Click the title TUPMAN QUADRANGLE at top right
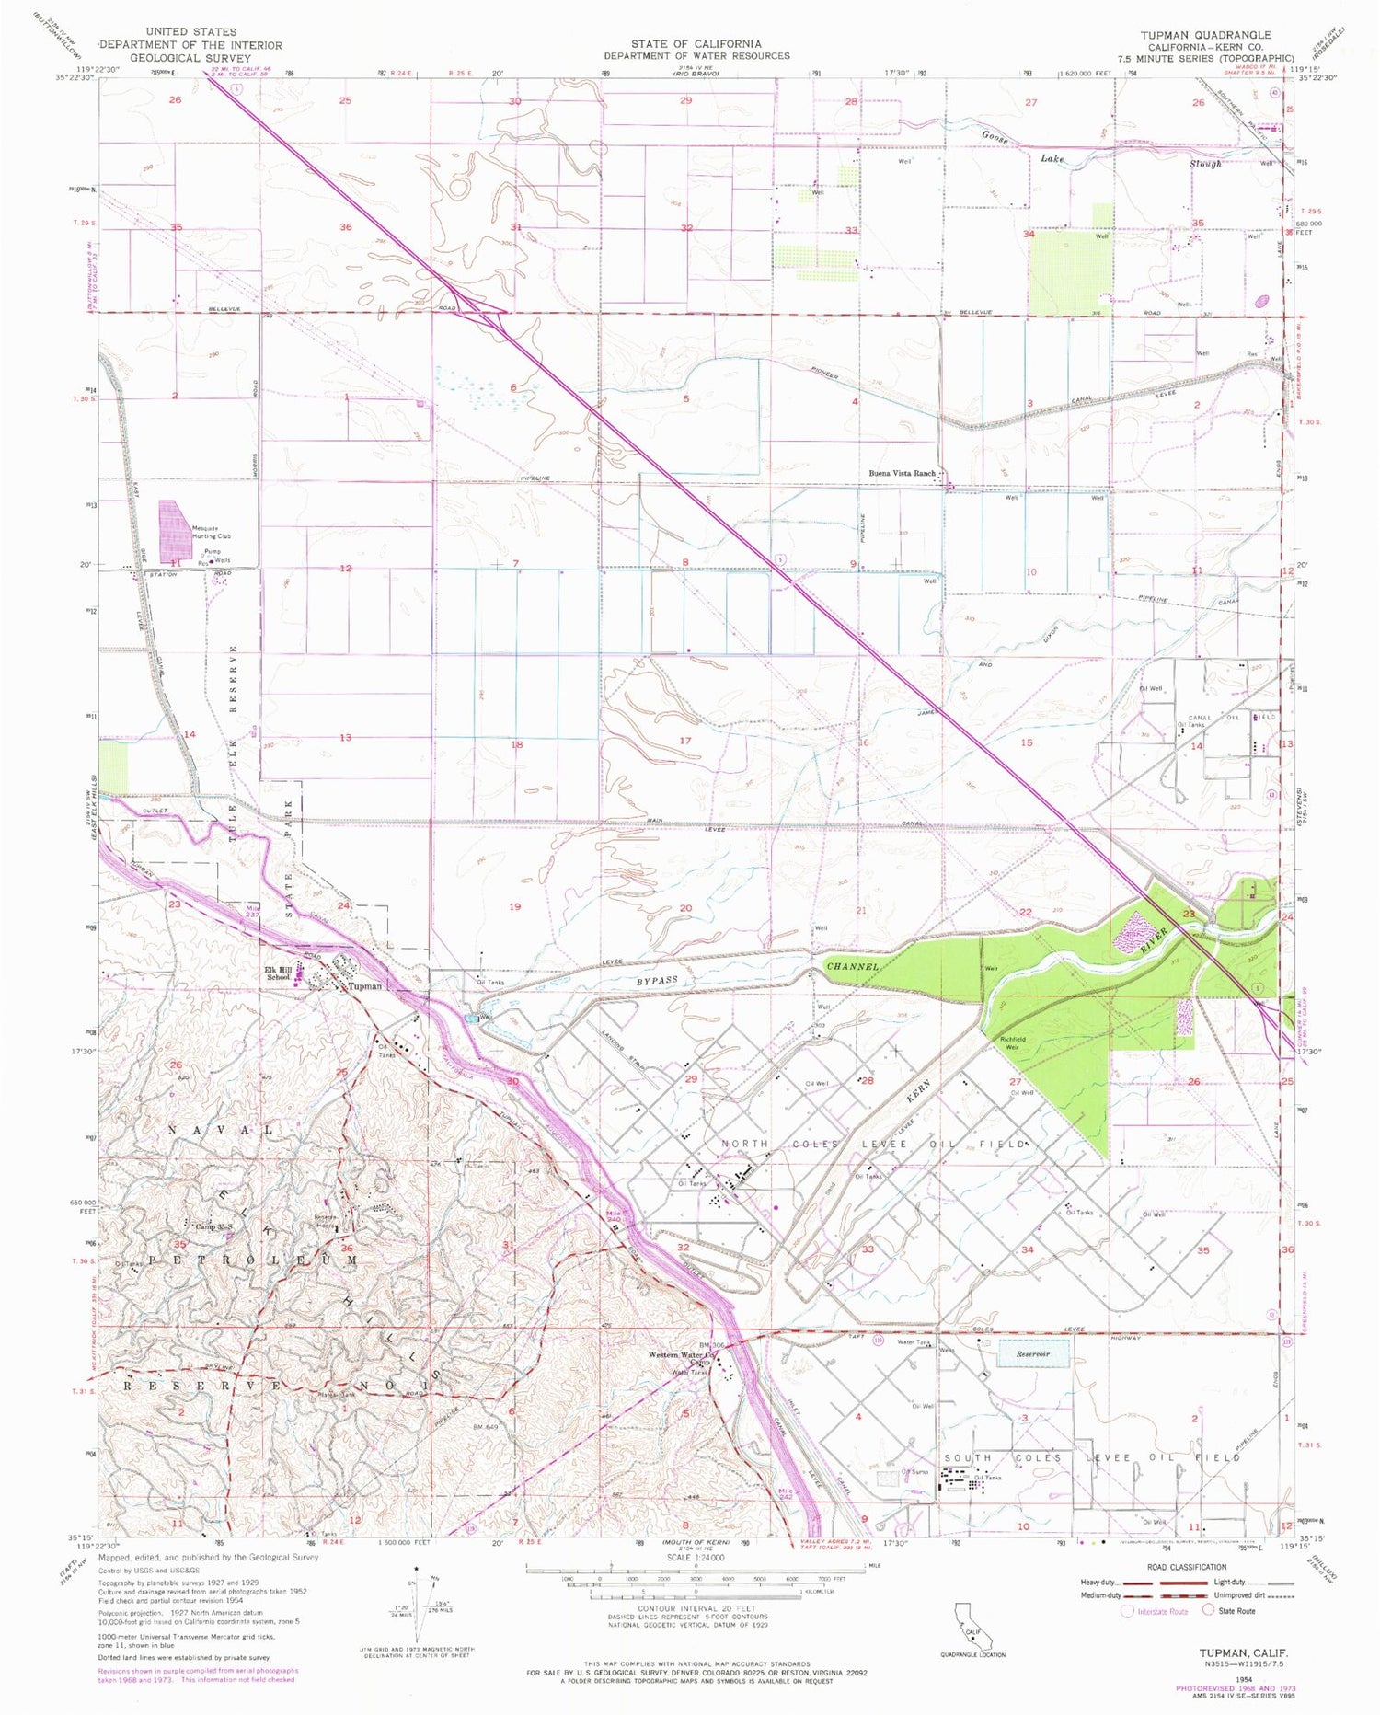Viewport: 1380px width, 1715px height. (1206, 33)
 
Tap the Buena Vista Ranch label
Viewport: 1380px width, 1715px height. (902, 473)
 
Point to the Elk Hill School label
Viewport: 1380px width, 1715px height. (279, 973)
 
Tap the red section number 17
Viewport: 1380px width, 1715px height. (684, 740)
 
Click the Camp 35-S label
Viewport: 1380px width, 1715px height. (211, 1226)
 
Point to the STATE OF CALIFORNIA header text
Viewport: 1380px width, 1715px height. (696, 43)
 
